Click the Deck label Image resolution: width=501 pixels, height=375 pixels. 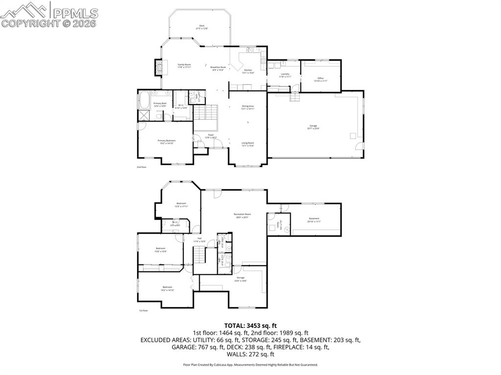202,27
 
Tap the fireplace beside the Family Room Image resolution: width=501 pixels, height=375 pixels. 158,67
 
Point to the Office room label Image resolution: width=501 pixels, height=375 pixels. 320,79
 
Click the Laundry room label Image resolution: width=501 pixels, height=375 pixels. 285,75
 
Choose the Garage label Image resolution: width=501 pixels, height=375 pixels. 313,127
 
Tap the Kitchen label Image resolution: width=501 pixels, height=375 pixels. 248,71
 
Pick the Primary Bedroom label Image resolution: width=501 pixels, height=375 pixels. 166,141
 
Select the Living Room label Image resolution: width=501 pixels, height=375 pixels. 248,144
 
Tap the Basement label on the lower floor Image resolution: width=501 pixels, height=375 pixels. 314,220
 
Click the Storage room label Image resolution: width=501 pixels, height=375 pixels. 240,279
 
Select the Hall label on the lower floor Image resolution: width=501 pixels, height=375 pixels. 199,240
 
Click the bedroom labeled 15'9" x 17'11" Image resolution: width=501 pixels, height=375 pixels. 181,204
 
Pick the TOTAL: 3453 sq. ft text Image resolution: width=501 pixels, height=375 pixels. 250,325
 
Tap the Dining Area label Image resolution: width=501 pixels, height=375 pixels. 248,107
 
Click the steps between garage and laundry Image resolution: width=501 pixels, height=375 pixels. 295,97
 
